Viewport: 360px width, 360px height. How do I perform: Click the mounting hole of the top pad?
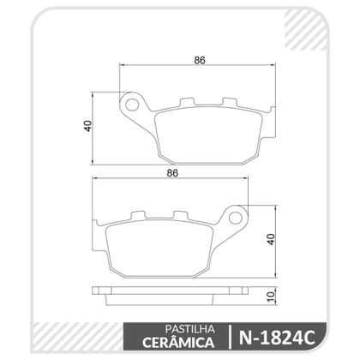tap(133, 106)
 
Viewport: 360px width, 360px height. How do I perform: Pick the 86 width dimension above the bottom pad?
tap(171, 173)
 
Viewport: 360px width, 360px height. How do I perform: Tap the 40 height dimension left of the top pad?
tap(87, 126)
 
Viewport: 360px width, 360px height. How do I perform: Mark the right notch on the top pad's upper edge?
tap(230, 104)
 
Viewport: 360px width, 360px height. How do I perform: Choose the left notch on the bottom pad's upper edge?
tap(136, 216)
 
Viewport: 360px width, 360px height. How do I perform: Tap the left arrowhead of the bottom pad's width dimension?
tap(93, 180)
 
